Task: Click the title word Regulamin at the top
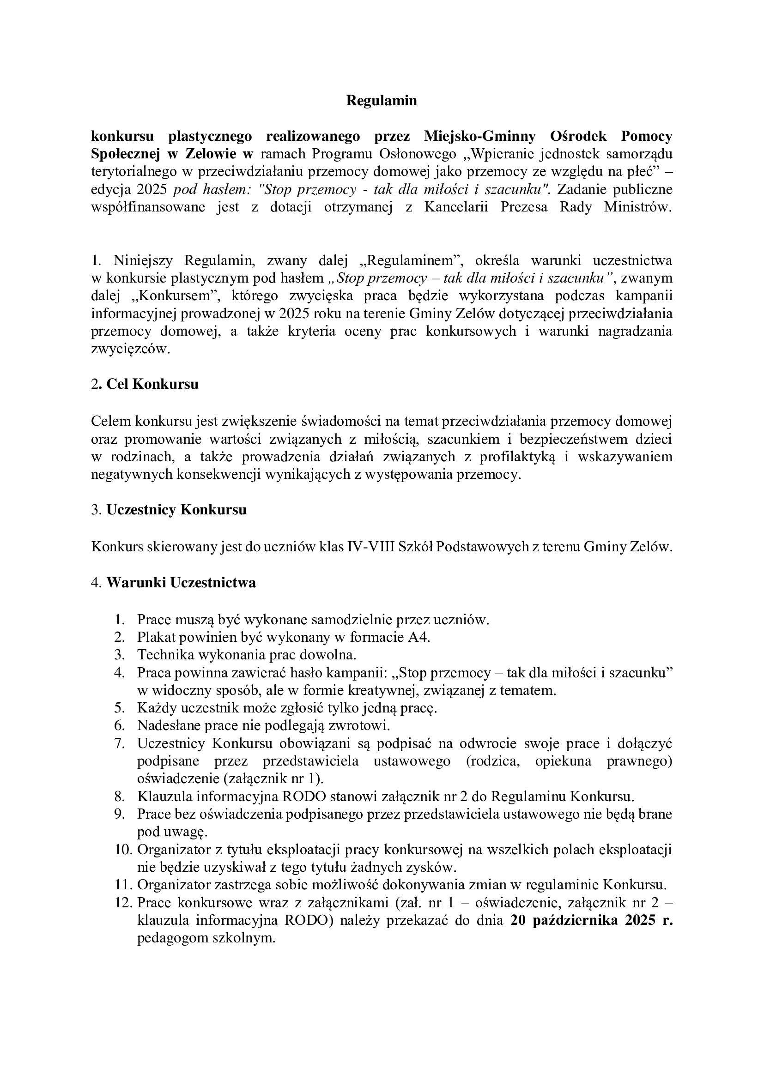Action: pos(382,101)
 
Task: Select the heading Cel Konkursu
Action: pos(152,384)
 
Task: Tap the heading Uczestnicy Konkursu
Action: pos(176,510)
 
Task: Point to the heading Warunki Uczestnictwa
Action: pos(181,582)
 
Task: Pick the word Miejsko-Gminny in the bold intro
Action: pos(479,136)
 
